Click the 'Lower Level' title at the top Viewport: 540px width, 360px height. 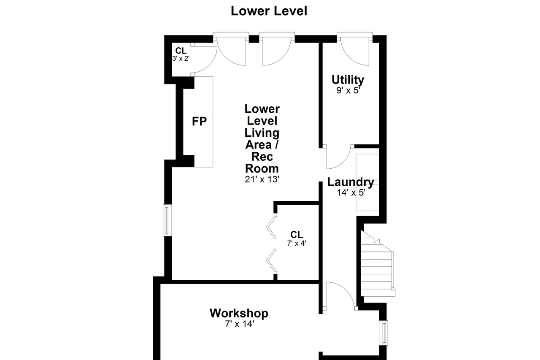[x=269, y=11]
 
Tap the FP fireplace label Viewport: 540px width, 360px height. [x=199, y=121]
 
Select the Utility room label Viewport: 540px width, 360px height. [x=348, y=80]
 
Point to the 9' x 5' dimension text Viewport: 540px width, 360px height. [x=348, y=90]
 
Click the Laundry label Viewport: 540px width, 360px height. [x=351, y=182]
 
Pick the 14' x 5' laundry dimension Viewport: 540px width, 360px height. [x=351, y=192]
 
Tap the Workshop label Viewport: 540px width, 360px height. [x=239, y=314]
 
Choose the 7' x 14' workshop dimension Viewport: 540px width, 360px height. [x=240, y=324]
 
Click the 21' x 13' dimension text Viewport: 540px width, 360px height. [x=262, y=179]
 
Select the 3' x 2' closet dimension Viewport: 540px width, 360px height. [x=181, y=58]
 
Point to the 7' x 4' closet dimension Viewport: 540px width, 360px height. [x=297, y=243]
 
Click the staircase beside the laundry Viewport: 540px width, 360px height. [x=378, y=265]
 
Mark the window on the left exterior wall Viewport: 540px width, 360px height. [x=167, y=220]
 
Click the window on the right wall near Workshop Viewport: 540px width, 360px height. [x=383, y=333]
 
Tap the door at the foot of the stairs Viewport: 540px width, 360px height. [x=340, y=296]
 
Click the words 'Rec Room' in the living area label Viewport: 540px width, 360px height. [x=262, y=162]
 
